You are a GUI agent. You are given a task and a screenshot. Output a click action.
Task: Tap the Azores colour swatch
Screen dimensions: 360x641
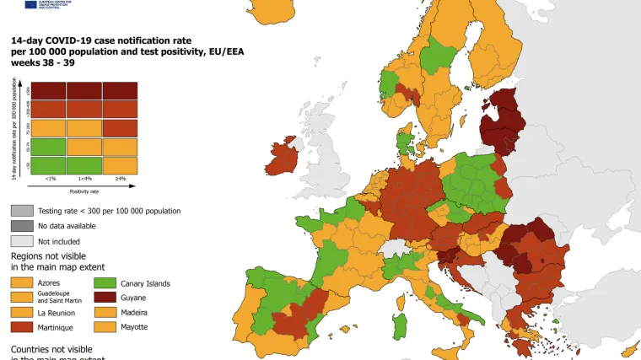pos(22,282)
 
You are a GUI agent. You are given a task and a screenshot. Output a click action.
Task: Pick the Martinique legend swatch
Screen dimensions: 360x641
pos(22,326)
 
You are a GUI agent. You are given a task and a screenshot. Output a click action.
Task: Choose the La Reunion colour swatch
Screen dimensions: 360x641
pos(22,312)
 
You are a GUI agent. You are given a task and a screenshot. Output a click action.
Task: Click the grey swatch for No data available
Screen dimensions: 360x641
pos(22,225)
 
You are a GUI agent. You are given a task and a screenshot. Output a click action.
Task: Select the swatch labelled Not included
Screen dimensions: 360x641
pos(22,240)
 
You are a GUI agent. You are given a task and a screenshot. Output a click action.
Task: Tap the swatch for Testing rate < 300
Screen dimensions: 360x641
pos(22,211)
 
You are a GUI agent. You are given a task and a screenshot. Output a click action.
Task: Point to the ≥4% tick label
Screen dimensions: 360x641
pos(121,179)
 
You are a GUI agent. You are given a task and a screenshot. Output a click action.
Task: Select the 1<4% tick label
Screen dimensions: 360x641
pos(84,179)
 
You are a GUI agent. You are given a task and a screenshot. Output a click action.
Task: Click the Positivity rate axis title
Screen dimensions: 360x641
pos(84,191)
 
